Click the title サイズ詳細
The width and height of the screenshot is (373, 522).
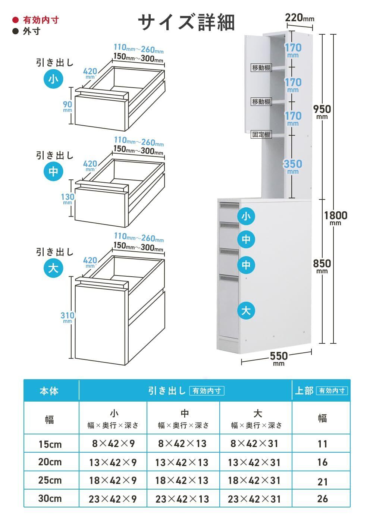click(x=186, y=22)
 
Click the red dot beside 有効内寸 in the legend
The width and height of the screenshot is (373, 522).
click(x=15, y=20)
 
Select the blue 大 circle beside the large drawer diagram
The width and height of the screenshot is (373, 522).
click(x=53, y=268)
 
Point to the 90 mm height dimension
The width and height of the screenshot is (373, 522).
click(x=68, y=106)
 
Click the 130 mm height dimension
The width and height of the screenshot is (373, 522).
click(x=68, y=198)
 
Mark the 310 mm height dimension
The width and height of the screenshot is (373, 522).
click(x=68, y=317)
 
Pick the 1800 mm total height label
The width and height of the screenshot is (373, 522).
click(x=335, y=217)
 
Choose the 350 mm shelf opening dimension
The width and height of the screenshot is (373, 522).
click(x=293, y=166)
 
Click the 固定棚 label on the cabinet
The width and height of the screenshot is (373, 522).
click(x=261, y=135)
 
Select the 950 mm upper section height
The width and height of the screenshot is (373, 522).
click(x=322, y=111)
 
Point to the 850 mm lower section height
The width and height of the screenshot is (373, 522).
click(x=322, y=265)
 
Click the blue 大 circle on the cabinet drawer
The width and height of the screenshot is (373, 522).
click(x=246, y=310)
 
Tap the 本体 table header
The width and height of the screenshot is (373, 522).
click(x=49, y=391)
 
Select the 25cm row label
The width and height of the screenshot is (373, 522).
click(x=50, y=480)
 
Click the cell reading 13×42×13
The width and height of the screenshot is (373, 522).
click(x=182, y=463)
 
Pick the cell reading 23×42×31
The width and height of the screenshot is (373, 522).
click(x=254, y=499)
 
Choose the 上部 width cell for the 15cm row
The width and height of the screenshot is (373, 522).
click(x=322, y=444)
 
